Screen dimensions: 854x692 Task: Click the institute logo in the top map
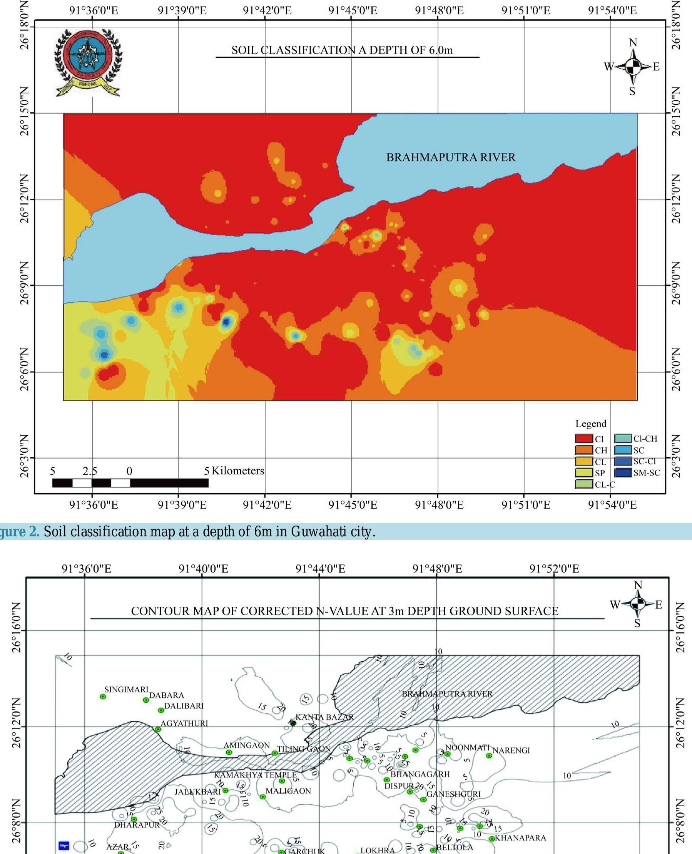[88, 62]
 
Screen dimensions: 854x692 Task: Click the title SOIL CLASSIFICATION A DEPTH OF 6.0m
[342, 50]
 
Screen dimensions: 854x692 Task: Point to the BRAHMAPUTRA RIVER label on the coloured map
[450, 157]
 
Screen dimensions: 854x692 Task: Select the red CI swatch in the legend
[583, 439]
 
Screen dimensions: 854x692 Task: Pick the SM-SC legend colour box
[623, 473]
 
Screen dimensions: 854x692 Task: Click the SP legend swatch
[583, 473]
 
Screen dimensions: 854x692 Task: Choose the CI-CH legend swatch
[623, 439]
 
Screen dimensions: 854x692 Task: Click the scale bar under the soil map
[130, 483]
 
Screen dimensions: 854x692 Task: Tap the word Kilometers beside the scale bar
[237, 471]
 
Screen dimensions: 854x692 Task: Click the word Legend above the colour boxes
[590, 424]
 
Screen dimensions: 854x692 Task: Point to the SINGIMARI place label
[126, 689]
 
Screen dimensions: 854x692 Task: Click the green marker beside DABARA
[146, 700]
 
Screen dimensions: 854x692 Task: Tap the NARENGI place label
[511, 750]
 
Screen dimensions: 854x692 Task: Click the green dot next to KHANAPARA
[492, 839]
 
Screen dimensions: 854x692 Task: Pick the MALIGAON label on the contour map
[288, 790]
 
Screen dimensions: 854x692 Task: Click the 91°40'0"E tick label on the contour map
[203, 569]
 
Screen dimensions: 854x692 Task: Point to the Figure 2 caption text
[187, 531]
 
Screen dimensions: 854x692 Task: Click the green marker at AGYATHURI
[158, 729]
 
